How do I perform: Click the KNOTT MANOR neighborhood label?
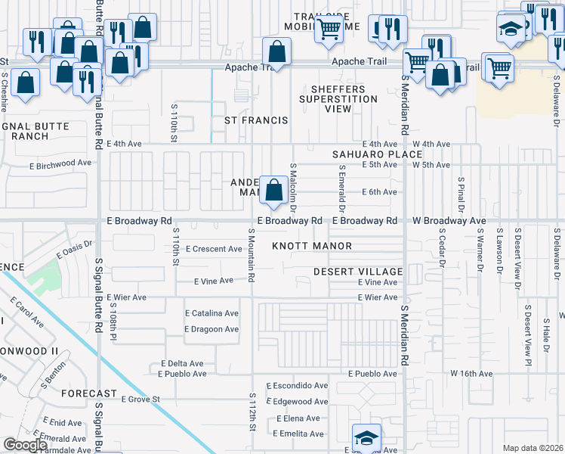[312, 247]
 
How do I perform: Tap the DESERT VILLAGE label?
[358, 272]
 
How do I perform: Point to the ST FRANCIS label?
[256, 121]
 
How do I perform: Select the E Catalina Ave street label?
[211, 313]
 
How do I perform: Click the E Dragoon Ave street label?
[211, 329]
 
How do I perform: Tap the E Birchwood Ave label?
[60, 163]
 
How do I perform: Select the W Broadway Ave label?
[449, 221]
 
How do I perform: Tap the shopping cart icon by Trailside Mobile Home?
[329, 30]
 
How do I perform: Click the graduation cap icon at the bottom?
[366, 437]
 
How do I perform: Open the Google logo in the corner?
[25, 445]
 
